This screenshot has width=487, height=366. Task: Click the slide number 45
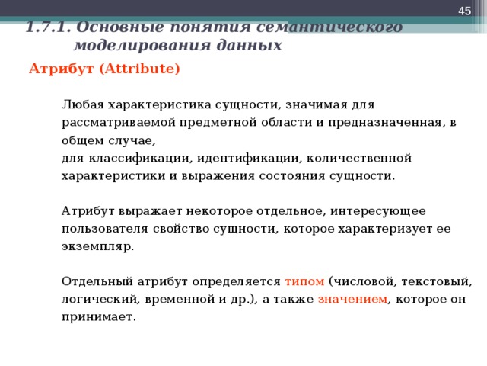tap(463, 9)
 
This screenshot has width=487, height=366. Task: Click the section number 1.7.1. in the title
tap(49, 28)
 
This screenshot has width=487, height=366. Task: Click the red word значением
tap(352, 299)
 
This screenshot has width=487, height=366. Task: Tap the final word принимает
tap(98, 316)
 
